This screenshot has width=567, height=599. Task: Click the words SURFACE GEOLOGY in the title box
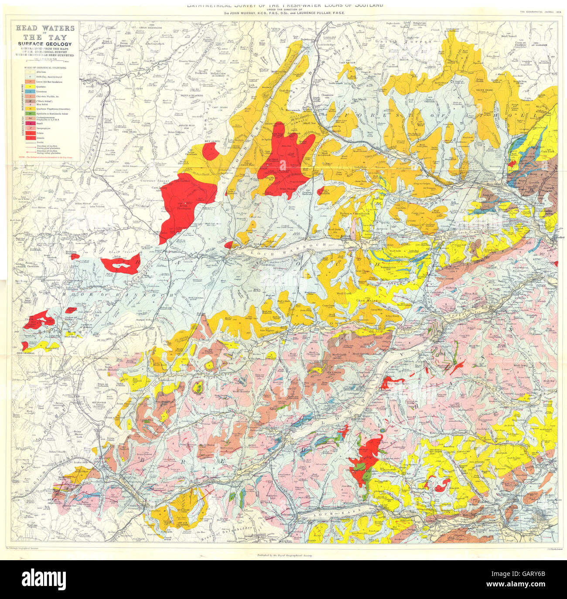[45, 44]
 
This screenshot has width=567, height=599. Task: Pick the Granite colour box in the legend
[27, 138]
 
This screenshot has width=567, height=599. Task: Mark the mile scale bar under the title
[45, 60]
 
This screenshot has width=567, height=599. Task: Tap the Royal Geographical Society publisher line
[284, 556]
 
